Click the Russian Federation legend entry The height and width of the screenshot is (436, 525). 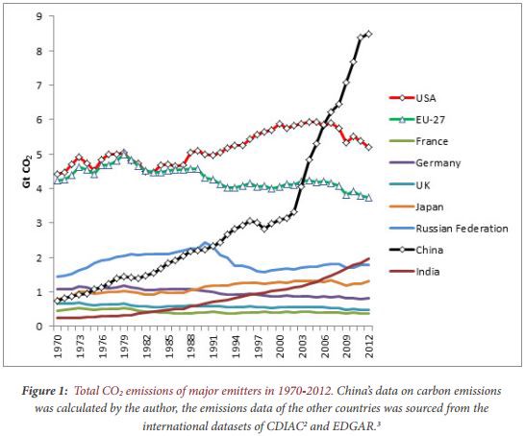462,229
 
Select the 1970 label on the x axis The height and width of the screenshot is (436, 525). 59,345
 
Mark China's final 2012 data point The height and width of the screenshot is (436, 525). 369,34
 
